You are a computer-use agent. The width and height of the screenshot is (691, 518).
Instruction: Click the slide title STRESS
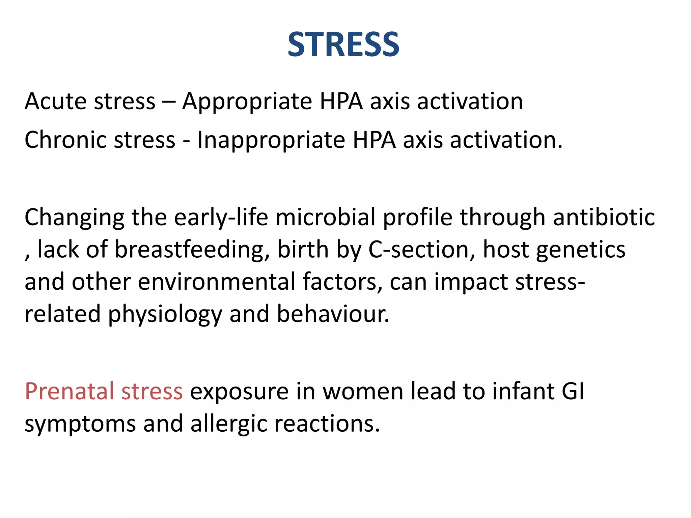click(343, 45)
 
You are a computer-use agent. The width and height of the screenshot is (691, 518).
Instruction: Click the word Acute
click(56, 101)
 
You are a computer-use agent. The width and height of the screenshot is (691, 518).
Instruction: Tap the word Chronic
click(65, 140)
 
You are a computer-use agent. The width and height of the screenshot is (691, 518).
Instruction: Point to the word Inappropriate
click(271, 140)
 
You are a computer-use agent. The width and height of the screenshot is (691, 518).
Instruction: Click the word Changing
click(74, 218)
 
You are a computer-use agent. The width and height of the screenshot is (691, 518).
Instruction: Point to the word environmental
click(216, 282)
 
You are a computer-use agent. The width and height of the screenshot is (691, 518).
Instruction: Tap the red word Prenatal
click(69, 391)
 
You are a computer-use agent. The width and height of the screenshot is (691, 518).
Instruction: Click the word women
click(362, 391)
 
